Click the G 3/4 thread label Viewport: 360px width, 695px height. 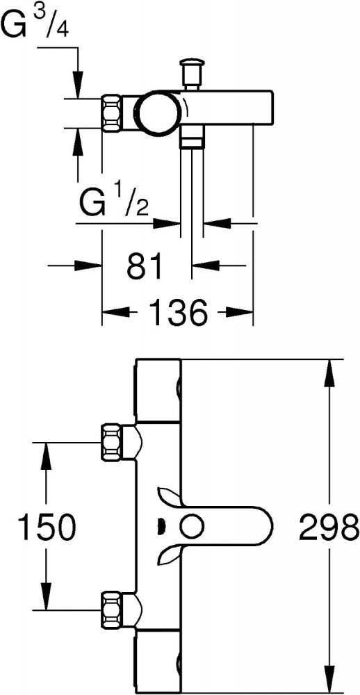35,20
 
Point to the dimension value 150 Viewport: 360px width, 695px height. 46,527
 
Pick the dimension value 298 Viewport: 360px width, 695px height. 329,527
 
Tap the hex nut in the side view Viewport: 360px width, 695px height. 113,113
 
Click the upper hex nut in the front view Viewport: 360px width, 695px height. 113,442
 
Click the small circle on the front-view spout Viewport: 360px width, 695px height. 192,527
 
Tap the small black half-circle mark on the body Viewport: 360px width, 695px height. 161,527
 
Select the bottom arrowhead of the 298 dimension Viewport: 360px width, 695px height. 329,678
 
